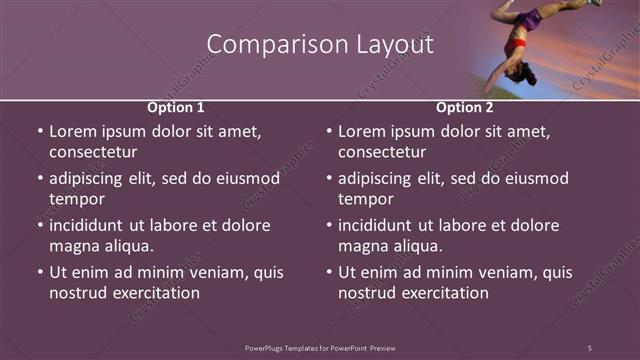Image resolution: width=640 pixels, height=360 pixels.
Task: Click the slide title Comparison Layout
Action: (x=320, y=45)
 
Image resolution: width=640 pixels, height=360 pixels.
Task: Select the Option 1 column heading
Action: (x=176, y=107)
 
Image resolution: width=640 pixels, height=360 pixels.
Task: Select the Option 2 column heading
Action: (x=465, y=107)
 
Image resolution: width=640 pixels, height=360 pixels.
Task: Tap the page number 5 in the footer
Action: (x=589, y=347)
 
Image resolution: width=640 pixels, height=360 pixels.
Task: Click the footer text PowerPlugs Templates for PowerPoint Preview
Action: (x=320, y=347)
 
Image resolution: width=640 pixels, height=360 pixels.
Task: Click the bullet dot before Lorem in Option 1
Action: (x=40, y=132)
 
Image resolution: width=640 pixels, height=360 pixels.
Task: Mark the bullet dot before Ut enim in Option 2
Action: (x=329, y=272)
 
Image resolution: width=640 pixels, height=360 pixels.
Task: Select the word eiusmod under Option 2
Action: (x=535, y=179)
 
